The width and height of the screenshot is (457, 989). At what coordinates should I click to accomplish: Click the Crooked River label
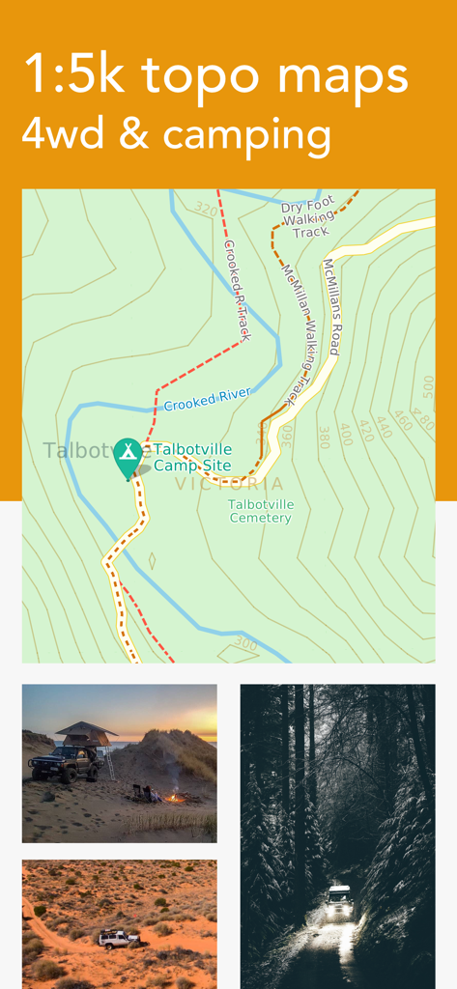coord(207,398)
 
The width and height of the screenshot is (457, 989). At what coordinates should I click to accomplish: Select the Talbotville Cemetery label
coord(261,511)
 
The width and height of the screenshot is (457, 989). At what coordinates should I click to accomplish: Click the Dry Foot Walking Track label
coord(309,218)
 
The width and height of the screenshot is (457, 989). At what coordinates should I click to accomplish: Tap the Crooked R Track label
coord(238,290)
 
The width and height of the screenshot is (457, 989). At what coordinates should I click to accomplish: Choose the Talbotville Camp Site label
coord(193,457)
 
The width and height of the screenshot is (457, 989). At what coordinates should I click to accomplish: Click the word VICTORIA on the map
coord(230,484)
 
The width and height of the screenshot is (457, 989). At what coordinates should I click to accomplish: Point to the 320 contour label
coord(205,209)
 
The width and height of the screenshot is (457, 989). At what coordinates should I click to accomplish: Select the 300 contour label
coord(246,643)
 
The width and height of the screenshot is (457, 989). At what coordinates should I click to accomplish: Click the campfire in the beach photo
coord(174,797)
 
